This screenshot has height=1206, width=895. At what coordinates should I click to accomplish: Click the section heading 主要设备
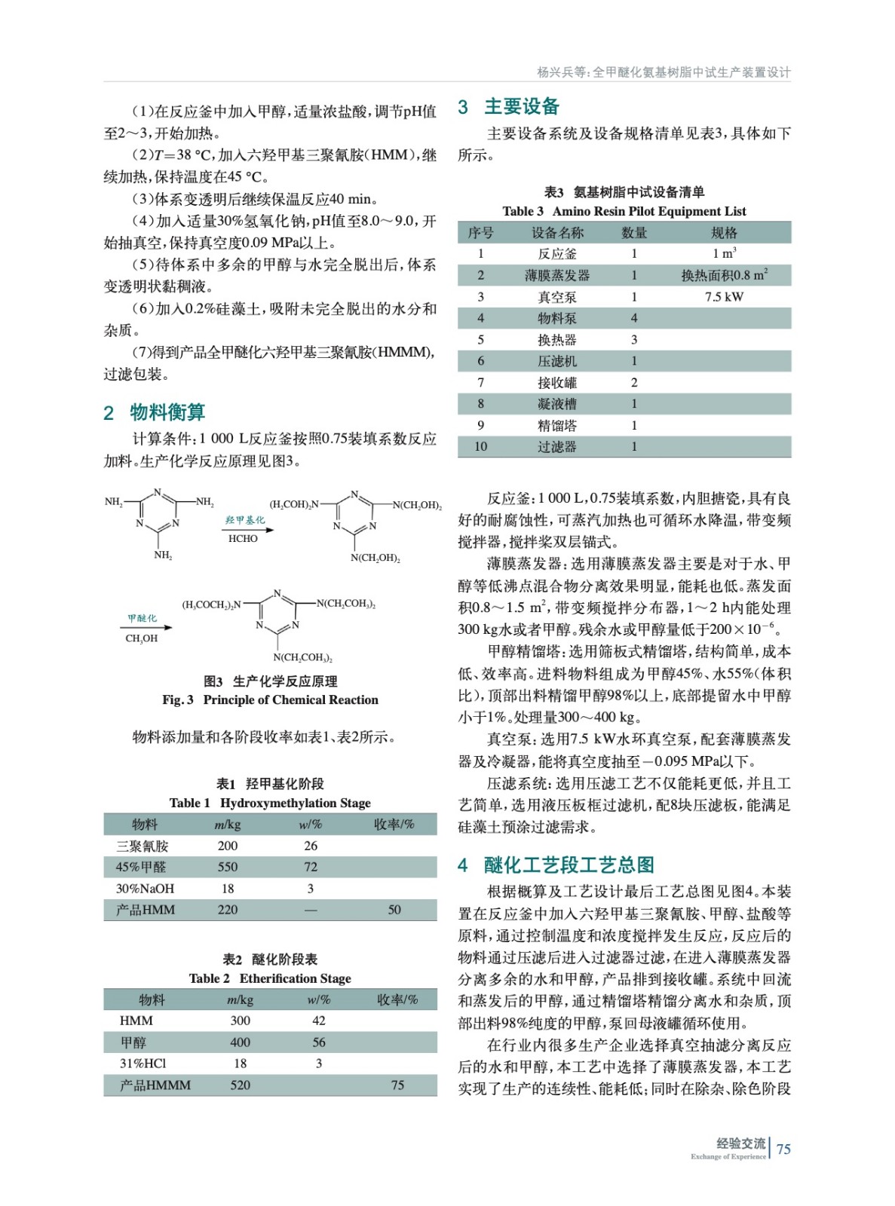click(x=521, y=107)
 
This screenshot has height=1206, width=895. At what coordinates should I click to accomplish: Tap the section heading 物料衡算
click(x=167, y=412)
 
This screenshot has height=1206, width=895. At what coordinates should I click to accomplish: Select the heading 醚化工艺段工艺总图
click(x=569, y=865)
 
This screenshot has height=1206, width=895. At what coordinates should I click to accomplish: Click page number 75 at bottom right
click(x=783, y=1149)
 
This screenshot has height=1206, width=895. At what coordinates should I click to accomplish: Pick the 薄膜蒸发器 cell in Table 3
click(x=556, y=275)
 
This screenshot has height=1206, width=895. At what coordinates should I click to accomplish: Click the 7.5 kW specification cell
click(x=724, y=297)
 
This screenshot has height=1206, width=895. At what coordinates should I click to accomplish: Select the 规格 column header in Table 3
click(x=724, y=233)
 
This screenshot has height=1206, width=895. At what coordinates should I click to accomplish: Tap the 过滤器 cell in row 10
click(x=556, y=447)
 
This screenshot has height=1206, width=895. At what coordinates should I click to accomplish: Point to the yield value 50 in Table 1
click(x=394, y=910)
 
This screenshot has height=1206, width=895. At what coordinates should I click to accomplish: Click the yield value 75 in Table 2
click(x=397, y=1085)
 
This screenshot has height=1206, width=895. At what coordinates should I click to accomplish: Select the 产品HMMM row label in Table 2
click(x=155, y=1085)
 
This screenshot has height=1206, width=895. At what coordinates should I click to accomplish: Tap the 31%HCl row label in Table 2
click(x=143, y=1064)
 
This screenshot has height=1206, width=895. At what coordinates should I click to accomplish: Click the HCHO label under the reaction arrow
click(x=243, y=539)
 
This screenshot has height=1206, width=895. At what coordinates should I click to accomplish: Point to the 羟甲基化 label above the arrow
click(x=244, y=520)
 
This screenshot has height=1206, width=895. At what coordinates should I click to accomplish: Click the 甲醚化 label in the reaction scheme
click(x=142, y=619)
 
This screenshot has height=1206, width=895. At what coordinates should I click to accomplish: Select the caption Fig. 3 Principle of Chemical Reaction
click(x=270, y=700)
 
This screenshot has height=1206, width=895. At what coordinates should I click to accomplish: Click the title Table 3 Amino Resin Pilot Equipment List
click(x=624, y=212)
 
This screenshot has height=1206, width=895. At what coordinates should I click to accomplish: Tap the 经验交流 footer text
click(x=740, y=1143)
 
